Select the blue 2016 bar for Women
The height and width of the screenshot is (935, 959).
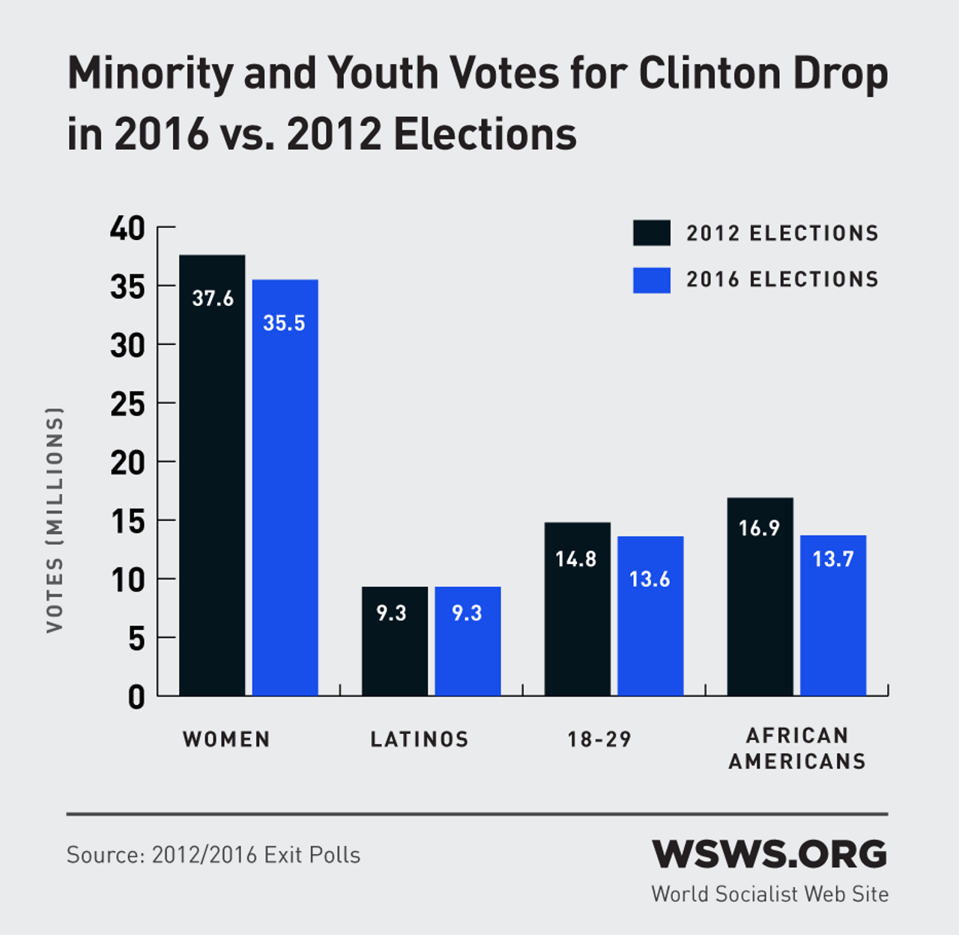coord(285,487)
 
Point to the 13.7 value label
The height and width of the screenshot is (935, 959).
coord(833,559)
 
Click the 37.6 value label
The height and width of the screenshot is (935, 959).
coord(213,298)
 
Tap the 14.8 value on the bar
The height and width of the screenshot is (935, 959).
coord(576,559)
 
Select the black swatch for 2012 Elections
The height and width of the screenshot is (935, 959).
coord(651,233)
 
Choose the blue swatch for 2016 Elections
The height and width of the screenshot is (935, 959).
coord(651,280)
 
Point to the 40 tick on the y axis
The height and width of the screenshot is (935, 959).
coord(127,228)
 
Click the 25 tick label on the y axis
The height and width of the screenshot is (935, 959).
coord(127,404)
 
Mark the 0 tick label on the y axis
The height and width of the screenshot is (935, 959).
coord(136,697)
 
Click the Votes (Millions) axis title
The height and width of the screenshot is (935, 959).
coord(55,520)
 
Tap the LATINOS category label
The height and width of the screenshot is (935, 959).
coord(420,740)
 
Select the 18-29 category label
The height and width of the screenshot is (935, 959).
coord(599,740)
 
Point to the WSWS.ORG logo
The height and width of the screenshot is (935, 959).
coord(769,854)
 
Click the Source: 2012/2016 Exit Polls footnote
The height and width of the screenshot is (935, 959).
coord(214,855)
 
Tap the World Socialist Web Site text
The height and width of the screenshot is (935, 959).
coord(769,895)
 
